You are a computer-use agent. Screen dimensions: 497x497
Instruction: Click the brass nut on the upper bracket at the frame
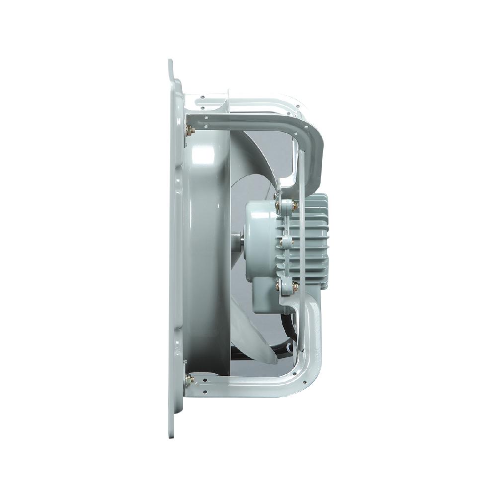pyautogui.click(x=189, y=131)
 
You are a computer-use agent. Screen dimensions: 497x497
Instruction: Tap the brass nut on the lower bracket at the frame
pyautogui.click(x=189, y=380)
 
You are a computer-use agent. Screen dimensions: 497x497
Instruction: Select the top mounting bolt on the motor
pyautogui.click(x=294, y=204)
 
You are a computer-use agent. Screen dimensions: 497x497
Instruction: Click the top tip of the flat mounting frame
pyautogui.click(x=170, y=62)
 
